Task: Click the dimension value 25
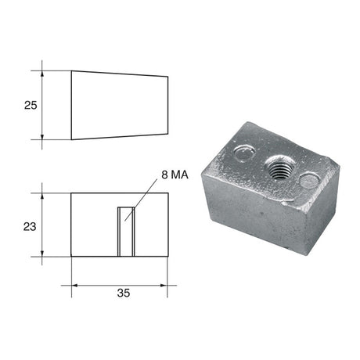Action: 30,104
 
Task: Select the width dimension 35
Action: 123,293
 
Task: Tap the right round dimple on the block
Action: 310,182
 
